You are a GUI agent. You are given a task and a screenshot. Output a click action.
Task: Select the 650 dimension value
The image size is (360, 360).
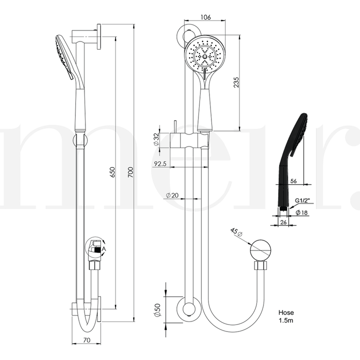[x=113, y=172]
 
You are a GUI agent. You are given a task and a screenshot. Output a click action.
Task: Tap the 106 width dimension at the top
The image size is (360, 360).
[x=205, y=16]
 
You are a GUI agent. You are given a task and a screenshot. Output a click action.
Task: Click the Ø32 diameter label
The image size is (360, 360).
[x=156, y=139]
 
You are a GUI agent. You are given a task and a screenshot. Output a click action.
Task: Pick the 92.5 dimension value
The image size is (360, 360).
[x=161, y=163]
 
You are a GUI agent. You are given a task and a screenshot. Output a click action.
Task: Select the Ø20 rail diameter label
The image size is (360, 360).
[x=172, y=195]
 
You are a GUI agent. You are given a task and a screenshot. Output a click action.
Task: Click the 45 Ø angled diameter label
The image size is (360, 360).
[x=235, y=233]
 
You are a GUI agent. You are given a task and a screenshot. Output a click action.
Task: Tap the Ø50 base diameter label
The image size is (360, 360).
[x=156, y=310]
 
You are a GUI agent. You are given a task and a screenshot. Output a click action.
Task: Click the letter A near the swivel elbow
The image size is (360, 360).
[x=104, y=248]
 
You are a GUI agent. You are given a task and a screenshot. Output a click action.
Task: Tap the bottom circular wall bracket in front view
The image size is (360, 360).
[x=189, y=310]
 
